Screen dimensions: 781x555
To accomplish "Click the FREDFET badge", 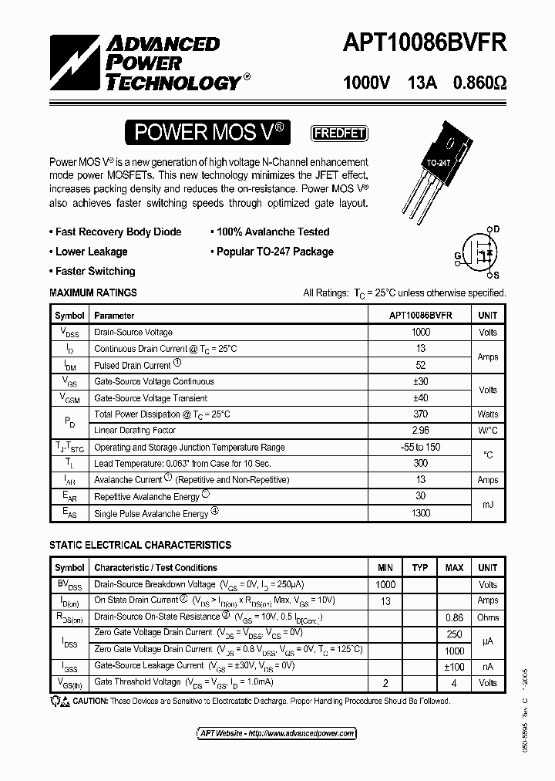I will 338,133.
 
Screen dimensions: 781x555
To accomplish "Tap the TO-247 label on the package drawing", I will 437,163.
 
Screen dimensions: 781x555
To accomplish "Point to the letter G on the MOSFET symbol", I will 457,256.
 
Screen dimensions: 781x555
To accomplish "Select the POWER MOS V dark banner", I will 210,133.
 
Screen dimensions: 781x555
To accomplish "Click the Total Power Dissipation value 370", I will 420,414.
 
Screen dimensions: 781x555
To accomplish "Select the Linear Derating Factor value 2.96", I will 420,431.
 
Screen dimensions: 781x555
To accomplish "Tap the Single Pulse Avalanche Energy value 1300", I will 420,513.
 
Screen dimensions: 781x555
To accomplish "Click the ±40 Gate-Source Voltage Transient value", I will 420,398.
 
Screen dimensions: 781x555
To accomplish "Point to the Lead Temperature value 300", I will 420,464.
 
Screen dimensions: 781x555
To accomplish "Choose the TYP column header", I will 420,568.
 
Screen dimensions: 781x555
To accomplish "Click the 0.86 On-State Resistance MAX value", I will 454,617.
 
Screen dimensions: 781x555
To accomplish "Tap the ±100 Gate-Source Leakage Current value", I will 454,667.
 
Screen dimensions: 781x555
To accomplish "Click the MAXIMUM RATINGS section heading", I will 93,293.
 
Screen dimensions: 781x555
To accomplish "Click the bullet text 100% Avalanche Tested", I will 273,232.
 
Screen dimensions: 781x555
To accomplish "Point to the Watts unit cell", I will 488,414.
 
